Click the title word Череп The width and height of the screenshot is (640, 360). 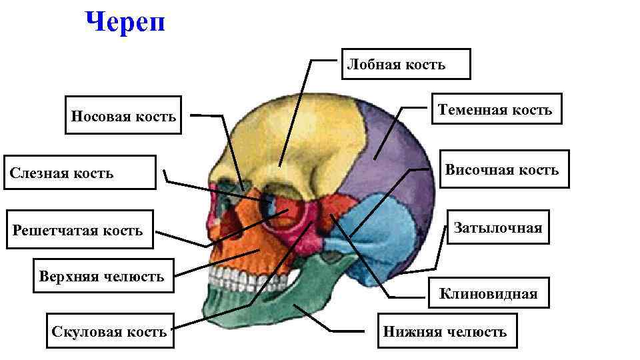pos(125,23)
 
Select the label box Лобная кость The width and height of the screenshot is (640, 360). pos(406,64)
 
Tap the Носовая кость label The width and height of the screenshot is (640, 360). pos(123,117)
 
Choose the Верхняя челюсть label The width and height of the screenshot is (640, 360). pos(101,276)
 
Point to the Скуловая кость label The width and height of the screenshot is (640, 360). pos(109,331)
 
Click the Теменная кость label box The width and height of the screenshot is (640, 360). pos(495,110)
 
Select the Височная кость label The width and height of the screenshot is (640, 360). pos(502,169)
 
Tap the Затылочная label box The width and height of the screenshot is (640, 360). pos(498,228)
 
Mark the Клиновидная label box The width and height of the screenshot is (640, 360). pos(488,294)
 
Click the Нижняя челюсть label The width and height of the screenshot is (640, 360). pos(445,331)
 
